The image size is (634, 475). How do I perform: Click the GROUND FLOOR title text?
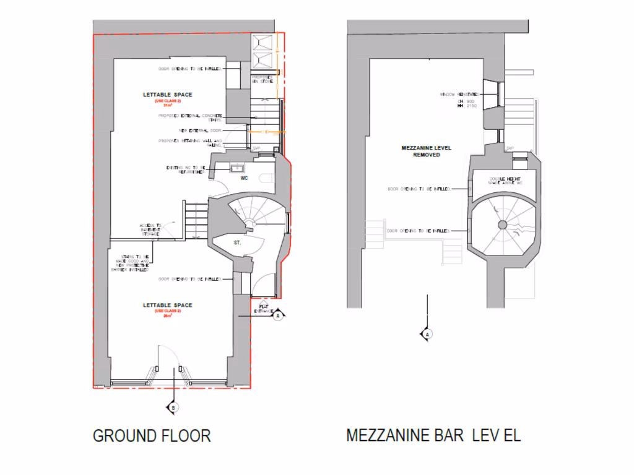[152, 435]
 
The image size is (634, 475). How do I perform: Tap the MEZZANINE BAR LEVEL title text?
[433, 435]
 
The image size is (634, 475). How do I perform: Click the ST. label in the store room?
[237, 243]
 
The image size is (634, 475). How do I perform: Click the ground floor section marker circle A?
[279, 315]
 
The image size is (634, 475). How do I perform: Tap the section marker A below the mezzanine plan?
[427, 334]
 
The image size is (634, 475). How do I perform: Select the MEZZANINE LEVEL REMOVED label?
[427, 152]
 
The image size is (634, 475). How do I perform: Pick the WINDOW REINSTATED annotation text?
[459, 95]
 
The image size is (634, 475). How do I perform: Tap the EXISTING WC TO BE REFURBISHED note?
[185, 169]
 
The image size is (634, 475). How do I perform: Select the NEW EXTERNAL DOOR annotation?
[199, 131]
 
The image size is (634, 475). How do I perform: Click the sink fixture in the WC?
[237, 168]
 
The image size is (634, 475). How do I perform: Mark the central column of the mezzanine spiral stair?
[502, 224]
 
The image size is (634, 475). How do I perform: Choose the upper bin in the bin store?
[263, 42]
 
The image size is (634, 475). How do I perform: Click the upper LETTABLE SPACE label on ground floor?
[167, 95]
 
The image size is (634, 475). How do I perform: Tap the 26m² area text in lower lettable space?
[167, 316]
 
